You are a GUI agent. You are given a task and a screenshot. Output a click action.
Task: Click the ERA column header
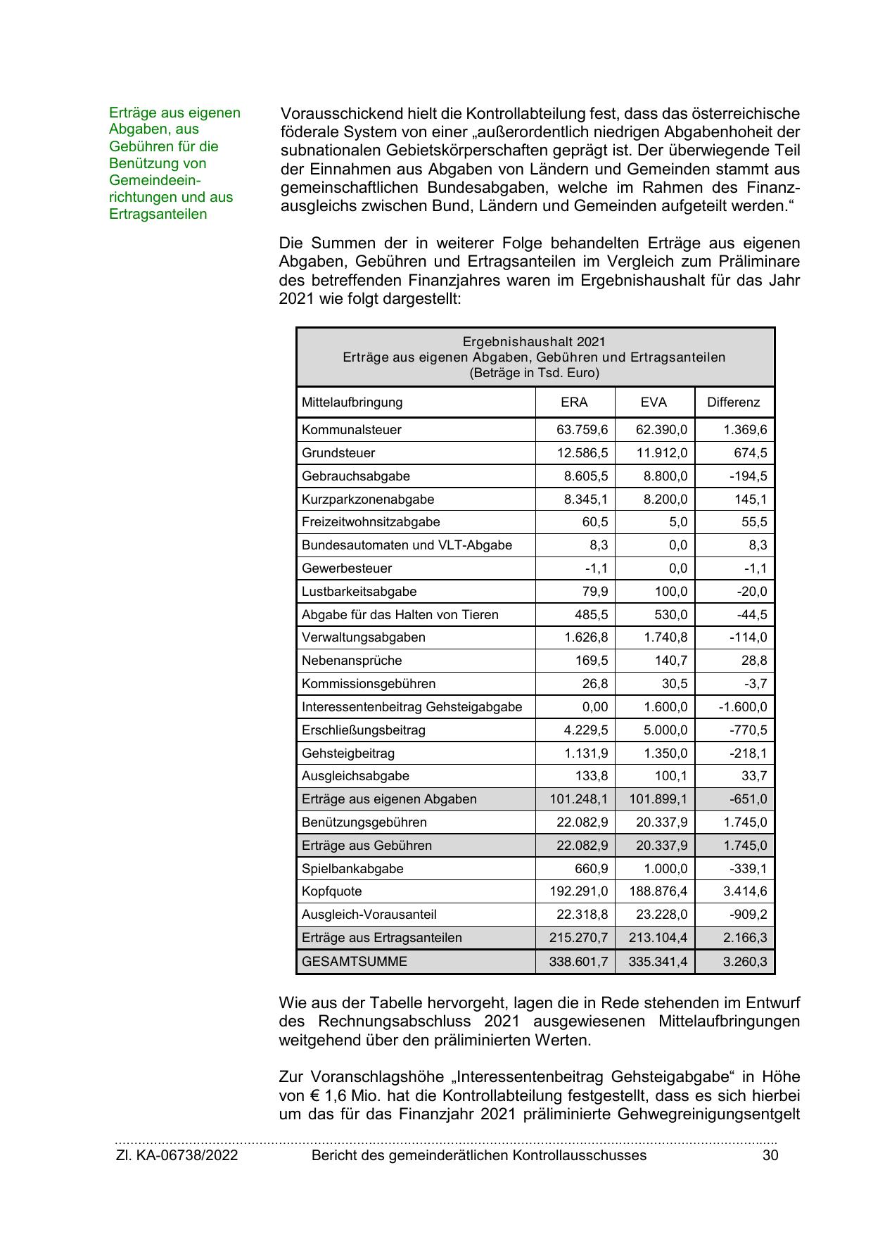574,402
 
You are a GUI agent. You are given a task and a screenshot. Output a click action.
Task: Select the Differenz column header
733,402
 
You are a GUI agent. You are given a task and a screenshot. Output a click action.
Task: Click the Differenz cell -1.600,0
742,707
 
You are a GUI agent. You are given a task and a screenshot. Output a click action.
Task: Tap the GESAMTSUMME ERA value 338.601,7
578,961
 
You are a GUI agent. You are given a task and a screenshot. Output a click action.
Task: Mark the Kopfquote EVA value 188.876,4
658,891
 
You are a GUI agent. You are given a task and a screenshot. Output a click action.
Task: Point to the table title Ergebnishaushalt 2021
534,342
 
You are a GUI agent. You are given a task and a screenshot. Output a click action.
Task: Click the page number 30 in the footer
770,1155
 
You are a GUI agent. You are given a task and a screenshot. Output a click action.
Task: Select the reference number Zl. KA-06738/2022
177,1155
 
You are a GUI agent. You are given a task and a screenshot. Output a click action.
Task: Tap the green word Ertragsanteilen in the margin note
158,214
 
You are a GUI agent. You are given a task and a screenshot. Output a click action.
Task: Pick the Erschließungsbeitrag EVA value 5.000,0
665,730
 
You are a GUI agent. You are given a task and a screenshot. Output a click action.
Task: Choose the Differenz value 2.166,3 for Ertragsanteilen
744,938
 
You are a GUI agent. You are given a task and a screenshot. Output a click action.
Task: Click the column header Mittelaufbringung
352,402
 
